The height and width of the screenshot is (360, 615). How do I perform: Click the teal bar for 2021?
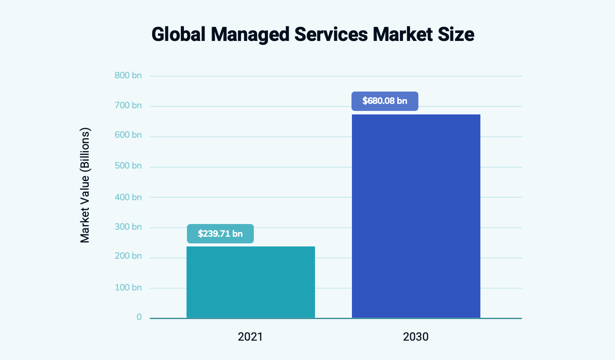tap(250, 282)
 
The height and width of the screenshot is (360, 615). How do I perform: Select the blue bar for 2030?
tap(416, 216)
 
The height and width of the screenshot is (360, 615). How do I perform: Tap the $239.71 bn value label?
tap(220, 234)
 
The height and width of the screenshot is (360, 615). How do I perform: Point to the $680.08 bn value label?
tap(384, 101)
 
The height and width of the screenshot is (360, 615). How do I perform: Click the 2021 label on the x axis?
tap(250, 337)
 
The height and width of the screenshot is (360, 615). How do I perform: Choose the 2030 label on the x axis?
tap(415, 337)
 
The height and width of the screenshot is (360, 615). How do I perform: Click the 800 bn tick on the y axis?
tap(128, 76)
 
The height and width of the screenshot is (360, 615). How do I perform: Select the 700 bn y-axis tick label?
tap(128, 105)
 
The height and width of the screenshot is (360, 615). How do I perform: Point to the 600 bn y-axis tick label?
tap(128, 135)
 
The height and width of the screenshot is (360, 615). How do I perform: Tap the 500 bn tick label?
tap(128, 166)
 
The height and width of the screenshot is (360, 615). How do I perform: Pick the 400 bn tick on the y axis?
tap(128, 197)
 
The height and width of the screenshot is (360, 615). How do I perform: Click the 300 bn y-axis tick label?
tap(128, 227)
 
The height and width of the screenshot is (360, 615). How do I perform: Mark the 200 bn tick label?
tap(128, 256)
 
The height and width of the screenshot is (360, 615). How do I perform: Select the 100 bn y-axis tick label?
tap(128, 287)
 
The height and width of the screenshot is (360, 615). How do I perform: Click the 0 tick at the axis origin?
tap(139, 317)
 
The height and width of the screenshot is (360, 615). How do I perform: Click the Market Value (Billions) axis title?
tap(85, 185)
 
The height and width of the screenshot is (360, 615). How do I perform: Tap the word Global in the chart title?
tap(179, 35)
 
